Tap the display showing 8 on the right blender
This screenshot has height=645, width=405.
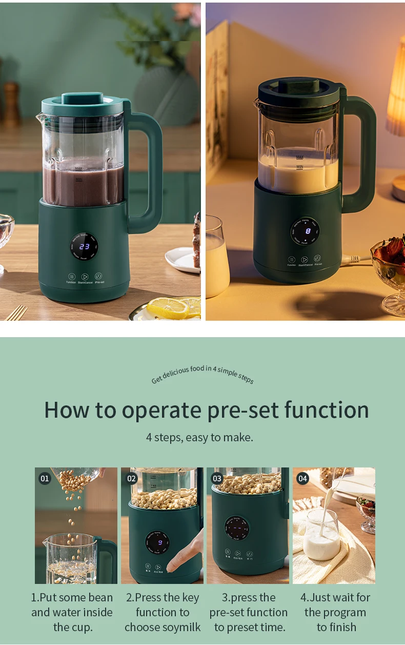pyautogui.click(x=308, y=231)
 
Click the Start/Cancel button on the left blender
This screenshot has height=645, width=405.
pyautogui.click(x=85, y=277)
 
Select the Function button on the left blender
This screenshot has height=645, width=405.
pyautogui.click(x=71, y=277)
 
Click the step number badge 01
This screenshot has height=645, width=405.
pyautogui.click(x=45, y=478)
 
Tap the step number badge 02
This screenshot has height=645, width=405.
pyautogui.click(x=131, y=478)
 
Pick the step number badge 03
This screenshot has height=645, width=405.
pyautogui.click(x=217, y=478)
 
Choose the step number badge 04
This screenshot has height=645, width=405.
pyautogui.click(x=302, y=478)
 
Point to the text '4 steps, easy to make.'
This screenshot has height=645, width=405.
pyautogui.click(x=199, y=438)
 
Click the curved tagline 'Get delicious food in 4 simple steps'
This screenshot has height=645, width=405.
pyautogui.click(x=202, y=374)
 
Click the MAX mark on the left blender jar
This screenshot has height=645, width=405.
pyautogui.click(x=78, y=168)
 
